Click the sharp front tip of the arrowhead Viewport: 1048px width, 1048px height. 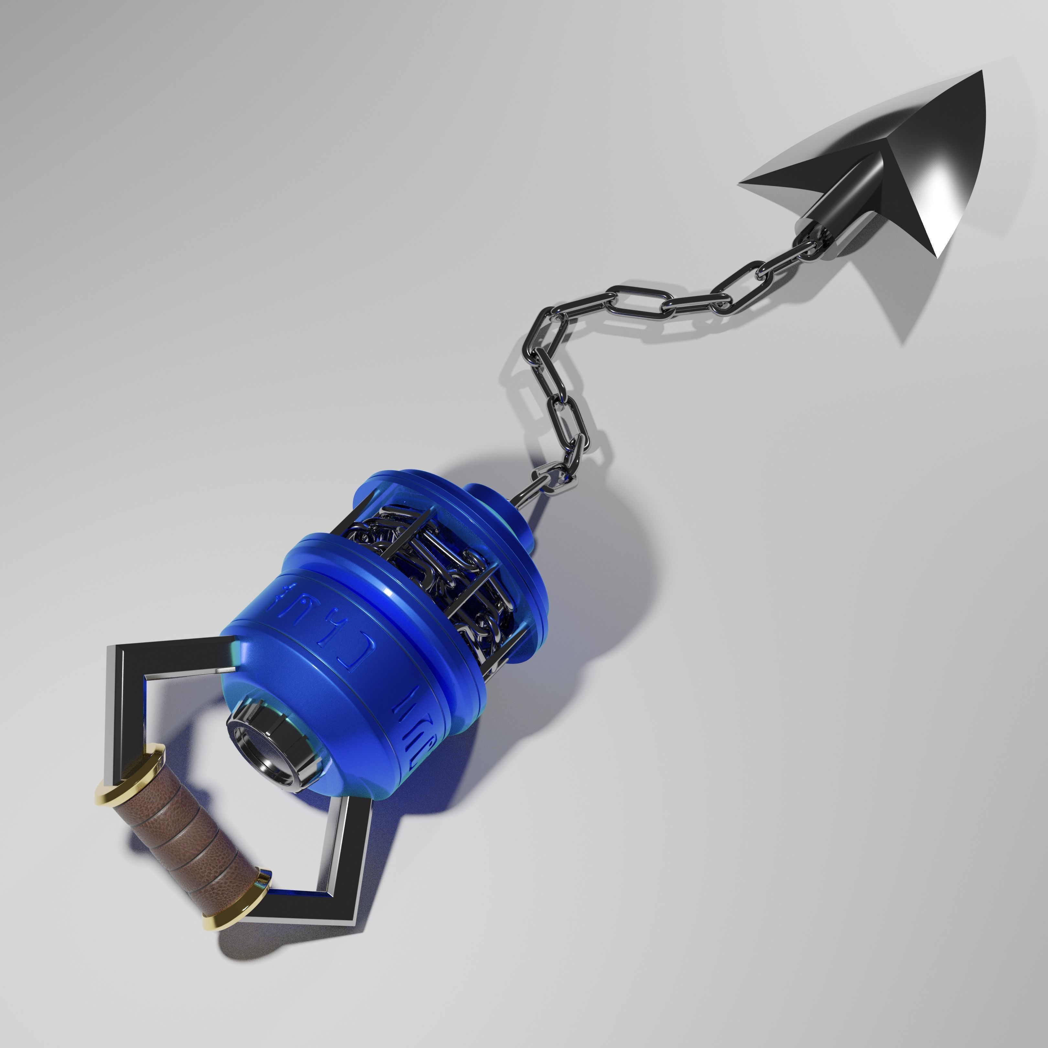pyautogui.click(x=981, y=71)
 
